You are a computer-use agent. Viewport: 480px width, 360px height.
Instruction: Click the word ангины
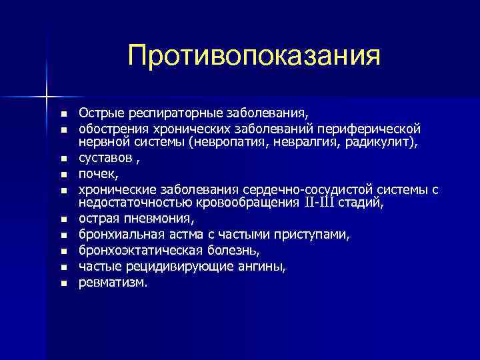pyautogui.click(x=264, y=267)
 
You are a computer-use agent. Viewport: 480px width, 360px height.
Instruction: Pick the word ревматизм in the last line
pyautogui.click(x=113, y=283)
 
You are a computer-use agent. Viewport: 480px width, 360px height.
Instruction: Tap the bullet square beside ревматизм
pyautogui.click(x=64, y=283)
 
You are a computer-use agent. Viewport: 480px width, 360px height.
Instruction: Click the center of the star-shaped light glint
pyautogui.click(x=47, y=97)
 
